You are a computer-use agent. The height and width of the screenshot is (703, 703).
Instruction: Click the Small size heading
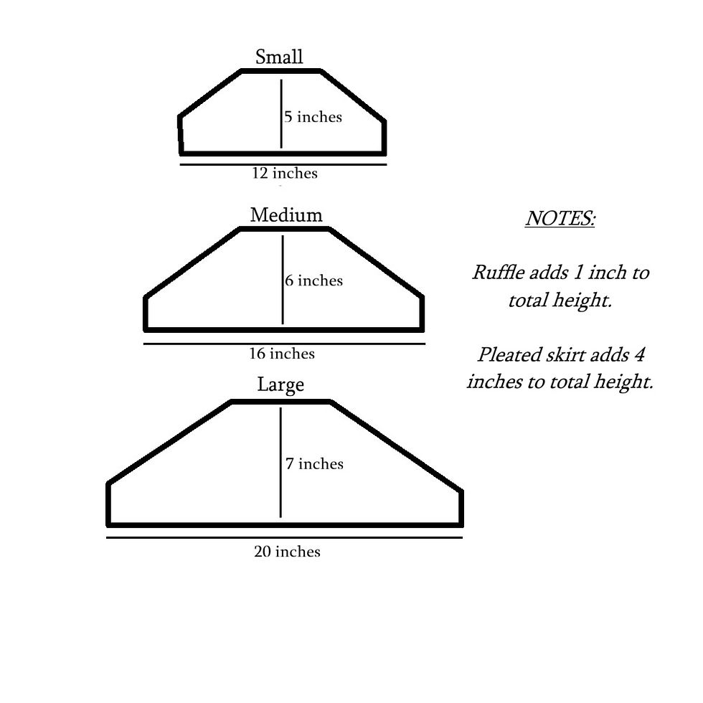(x=279, y=57)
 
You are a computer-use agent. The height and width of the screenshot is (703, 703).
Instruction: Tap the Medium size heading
(x=286, y=214)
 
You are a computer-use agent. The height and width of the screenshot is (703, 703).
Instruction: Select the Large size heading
(x=280, y=385)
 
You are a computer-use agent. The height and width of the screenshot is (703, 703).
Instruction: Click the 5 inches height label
(x=313, y=116)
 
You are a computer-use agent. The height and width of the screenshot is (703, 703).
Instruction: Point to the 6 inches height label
(x=314, y=280)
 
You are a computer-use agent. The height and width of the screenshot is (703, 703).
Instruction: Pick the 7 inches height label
(x=314, y=463)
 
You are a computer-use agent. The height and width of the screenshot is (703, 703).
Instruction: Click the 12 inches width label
(x=285, y=173)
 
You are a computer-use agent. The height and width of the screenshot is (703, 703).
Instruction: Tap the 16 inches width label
(x=282, y=353)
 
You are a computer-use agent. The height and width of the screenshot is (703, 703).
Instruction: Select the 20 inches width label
(x=287, y=552)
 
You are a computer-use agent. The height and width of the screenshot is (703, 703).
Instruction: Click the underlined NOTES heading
(x=560, y=219)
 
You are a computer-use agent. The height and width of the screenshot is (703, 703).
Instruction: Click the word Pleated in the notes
(x=509, y=355)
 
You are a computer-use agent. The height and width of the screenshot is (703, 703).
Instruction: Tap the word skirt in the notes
(x=565, y=355)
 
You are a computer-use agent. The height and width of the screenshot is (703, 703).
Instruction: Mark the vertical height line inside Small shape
(x=281, y=114)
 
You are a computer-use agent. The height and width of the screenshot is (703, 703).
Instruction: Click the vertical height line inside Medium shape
(x=283, y=280)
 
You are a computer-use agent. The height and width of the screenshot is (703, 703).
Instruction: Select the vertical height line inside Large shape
(x=280, y=463)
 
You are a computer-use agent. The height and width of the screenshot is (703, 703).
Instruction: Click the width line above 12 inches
(x=283, y=164)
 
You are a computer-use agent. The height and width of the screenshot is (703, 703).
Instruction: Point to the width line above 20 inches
(x=284, y=537)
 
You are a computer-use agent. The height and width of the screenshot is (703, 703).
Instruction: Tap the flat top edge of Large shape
(x=281, y=402)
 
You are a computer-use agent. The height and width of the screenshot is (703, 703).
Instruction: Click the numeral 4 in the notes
(x=639, y=355)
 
